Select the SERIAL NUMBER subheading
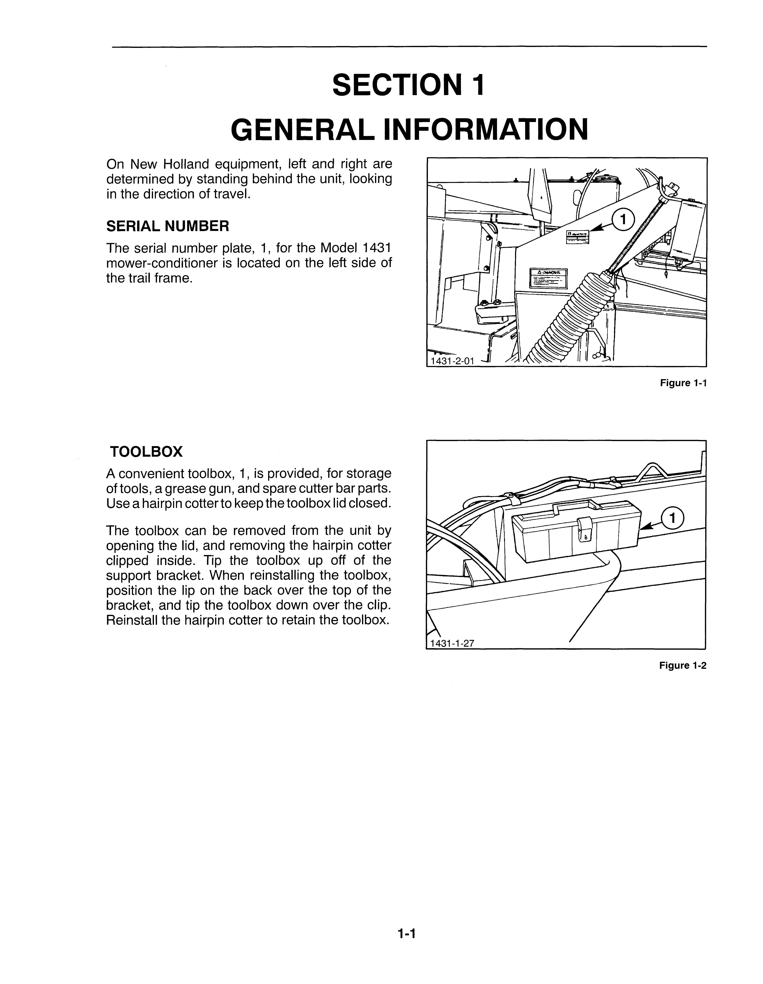tap(168, 226)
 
